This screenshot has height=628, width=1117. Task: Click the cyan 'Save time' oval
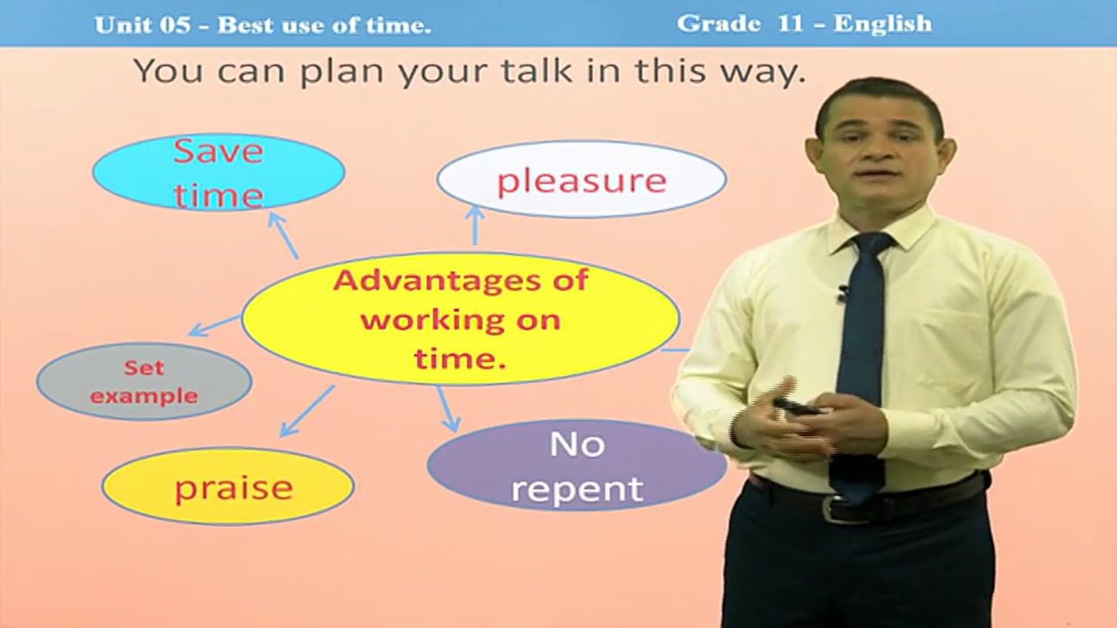tap(219, 172)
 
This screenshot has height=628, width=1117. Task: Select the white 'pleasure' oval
tap(581, 180)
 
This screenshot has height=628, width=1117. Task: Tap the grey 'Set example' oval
tap(145, 382)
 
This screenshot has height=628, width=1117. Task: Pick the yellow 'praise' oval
tap(229, 487)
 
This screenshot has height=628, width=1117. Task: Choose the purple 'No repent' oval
tap(578, 466)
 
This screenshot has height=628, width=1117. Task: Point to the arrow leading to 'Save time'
tap(284, 235)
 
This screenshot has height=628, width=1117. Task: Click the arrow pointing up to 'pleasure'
tap(476, 225)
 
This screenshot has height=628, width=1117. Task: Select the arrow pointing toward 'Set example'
tap(215, 325)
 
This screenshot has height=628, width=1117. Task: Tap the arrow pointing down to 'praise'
tap(307, 411)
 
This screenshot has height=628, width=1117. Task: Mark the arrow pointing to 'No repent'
tap(449, 409)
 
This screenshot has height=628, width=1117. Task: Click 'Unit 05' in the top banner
tap(142, 25)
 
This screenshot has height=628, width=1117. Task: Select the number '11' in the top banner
tap(790, 24)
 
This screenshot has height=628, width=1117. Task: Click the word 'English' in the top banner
tap(882, 24)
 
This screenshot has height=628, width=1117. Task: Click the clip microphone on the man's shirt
tap(843, 292)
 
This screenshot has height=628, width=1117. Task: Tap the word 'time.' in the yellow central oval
tap(460, 358)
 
